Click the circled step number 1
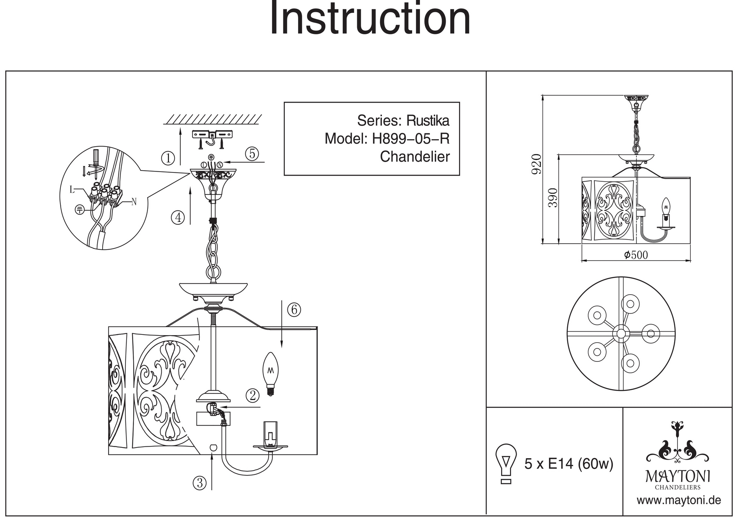[168, 158]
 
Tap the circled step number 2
[252, 395]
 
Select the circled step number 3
[200, 482]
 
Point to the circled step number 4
[178, 217]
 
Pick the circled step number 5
[252, 153]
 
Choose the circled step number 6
[294, 309]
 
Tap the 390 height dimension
[553, 198]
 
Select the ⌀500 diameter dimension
[636, 255]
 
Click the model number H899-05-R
[411, 139]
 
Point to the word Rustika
[428, 121]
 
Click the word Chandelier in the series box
[415, 157]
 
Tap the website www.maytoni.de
[679, 500]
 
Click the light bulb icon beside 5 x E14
[506, 463]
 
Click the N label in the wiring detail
[134, 202]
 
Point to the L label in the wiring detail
[72, 190]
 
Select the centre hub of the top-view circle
[621, 333]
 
